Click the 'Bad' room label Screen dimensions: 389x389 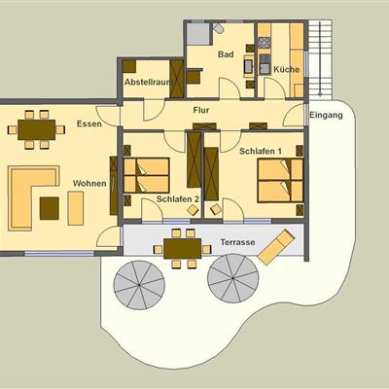226,54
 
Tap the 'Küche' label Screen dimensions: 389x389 287,69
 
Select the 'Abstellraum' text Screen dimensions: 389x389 148,82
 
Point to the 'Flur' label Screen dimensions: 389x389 201,110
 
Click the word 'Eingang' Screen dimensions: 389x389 326,115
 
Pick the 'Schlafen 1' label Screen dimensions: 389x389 261,151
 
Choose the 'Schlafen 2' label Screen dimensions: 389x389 178,199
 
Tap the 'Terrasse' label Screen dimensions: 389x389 237,242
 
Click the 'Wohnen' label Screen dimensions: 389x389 89,184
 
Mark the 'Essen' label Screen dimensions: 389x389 89,124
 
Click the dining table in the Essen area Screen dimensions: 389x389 36,129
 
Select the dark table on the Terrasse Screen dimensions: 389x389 183,249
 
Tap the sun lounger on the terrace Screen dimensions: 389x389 276,247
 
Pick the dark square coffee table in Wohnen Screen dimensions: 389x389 50,208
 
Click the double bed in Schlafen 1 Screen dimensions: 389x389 280,181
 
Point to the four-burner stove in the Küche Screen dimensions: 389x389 265,43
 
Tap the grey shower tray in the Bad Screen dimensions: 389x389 198,34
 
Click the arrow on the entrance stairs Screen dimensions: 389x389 320,59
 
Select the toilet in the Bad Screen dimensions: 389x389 219,28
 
